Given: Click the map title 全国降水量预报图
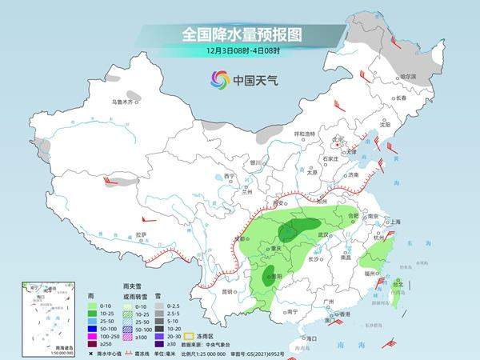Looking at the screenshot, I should coord(239,35).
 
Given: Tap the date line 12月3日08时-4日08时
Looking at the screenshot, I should coord(239,52).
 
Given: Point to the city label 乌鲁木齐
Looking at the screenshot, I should coord(124,102).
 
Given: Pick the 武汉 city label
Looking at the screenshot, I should coord(323,234).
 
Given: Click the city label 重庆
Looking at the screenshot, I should coord(276,248).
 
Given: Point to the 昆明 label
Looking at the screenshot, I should coord(229,291).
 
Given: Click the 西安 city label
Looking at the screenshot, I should coord(278,205).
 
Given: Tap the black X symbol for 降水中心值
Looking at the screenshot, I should coord(92,353).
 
